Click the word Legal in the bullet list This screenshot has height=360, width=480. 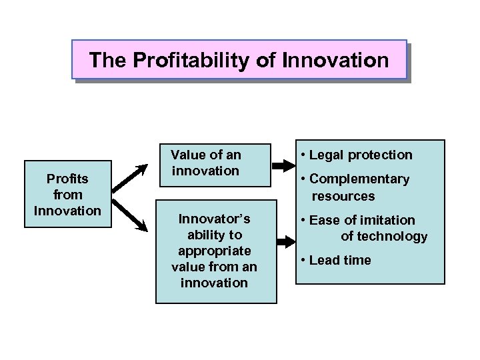tap(325, 155)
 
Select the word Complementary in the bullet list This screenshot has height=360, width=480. tap(359, 179)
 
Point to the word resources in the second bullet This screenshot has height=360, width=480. tap(343, 196)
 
